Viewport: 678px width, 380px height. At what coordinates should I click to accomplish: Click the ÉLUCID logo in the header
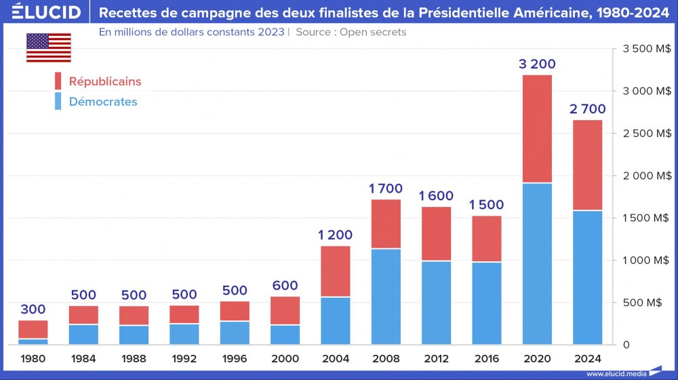pos(42,12)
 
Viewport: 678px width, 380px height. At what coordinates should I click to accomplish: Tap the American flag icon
pos(49,47)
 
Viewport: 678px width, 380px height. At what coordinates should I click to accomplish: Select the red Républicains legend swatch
pos(58,81)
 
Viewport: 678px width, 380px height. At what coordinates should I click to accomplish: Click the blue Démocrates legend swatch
pos(58,102)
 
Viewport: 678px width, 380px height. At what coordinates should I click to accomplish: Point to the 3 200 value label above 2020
pos(537,64)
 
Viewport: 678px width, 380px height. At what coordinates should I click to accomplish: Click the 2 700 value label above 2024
pos(587,109)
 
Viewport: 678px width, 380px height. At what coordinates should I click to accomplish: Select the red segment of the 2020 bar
pos(537,129)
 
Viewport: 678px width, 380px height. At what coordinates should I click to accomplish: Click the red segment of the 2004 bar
pos(336,271)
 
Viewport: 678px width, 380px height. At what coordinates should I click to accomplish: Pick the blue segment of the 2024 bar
pos(587,278)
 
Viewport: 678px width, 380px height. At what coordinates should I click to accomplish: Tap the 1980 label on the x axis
pos(33,358)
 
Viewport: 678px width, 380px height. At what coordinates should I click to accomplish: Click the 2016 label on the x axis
pos(487,358)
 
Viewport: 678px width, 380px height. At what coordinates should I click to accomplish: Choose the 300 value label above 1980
pos(33,309)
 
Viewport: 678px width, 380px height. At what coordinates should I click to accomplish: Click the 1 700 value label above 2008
pos(386,189)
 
